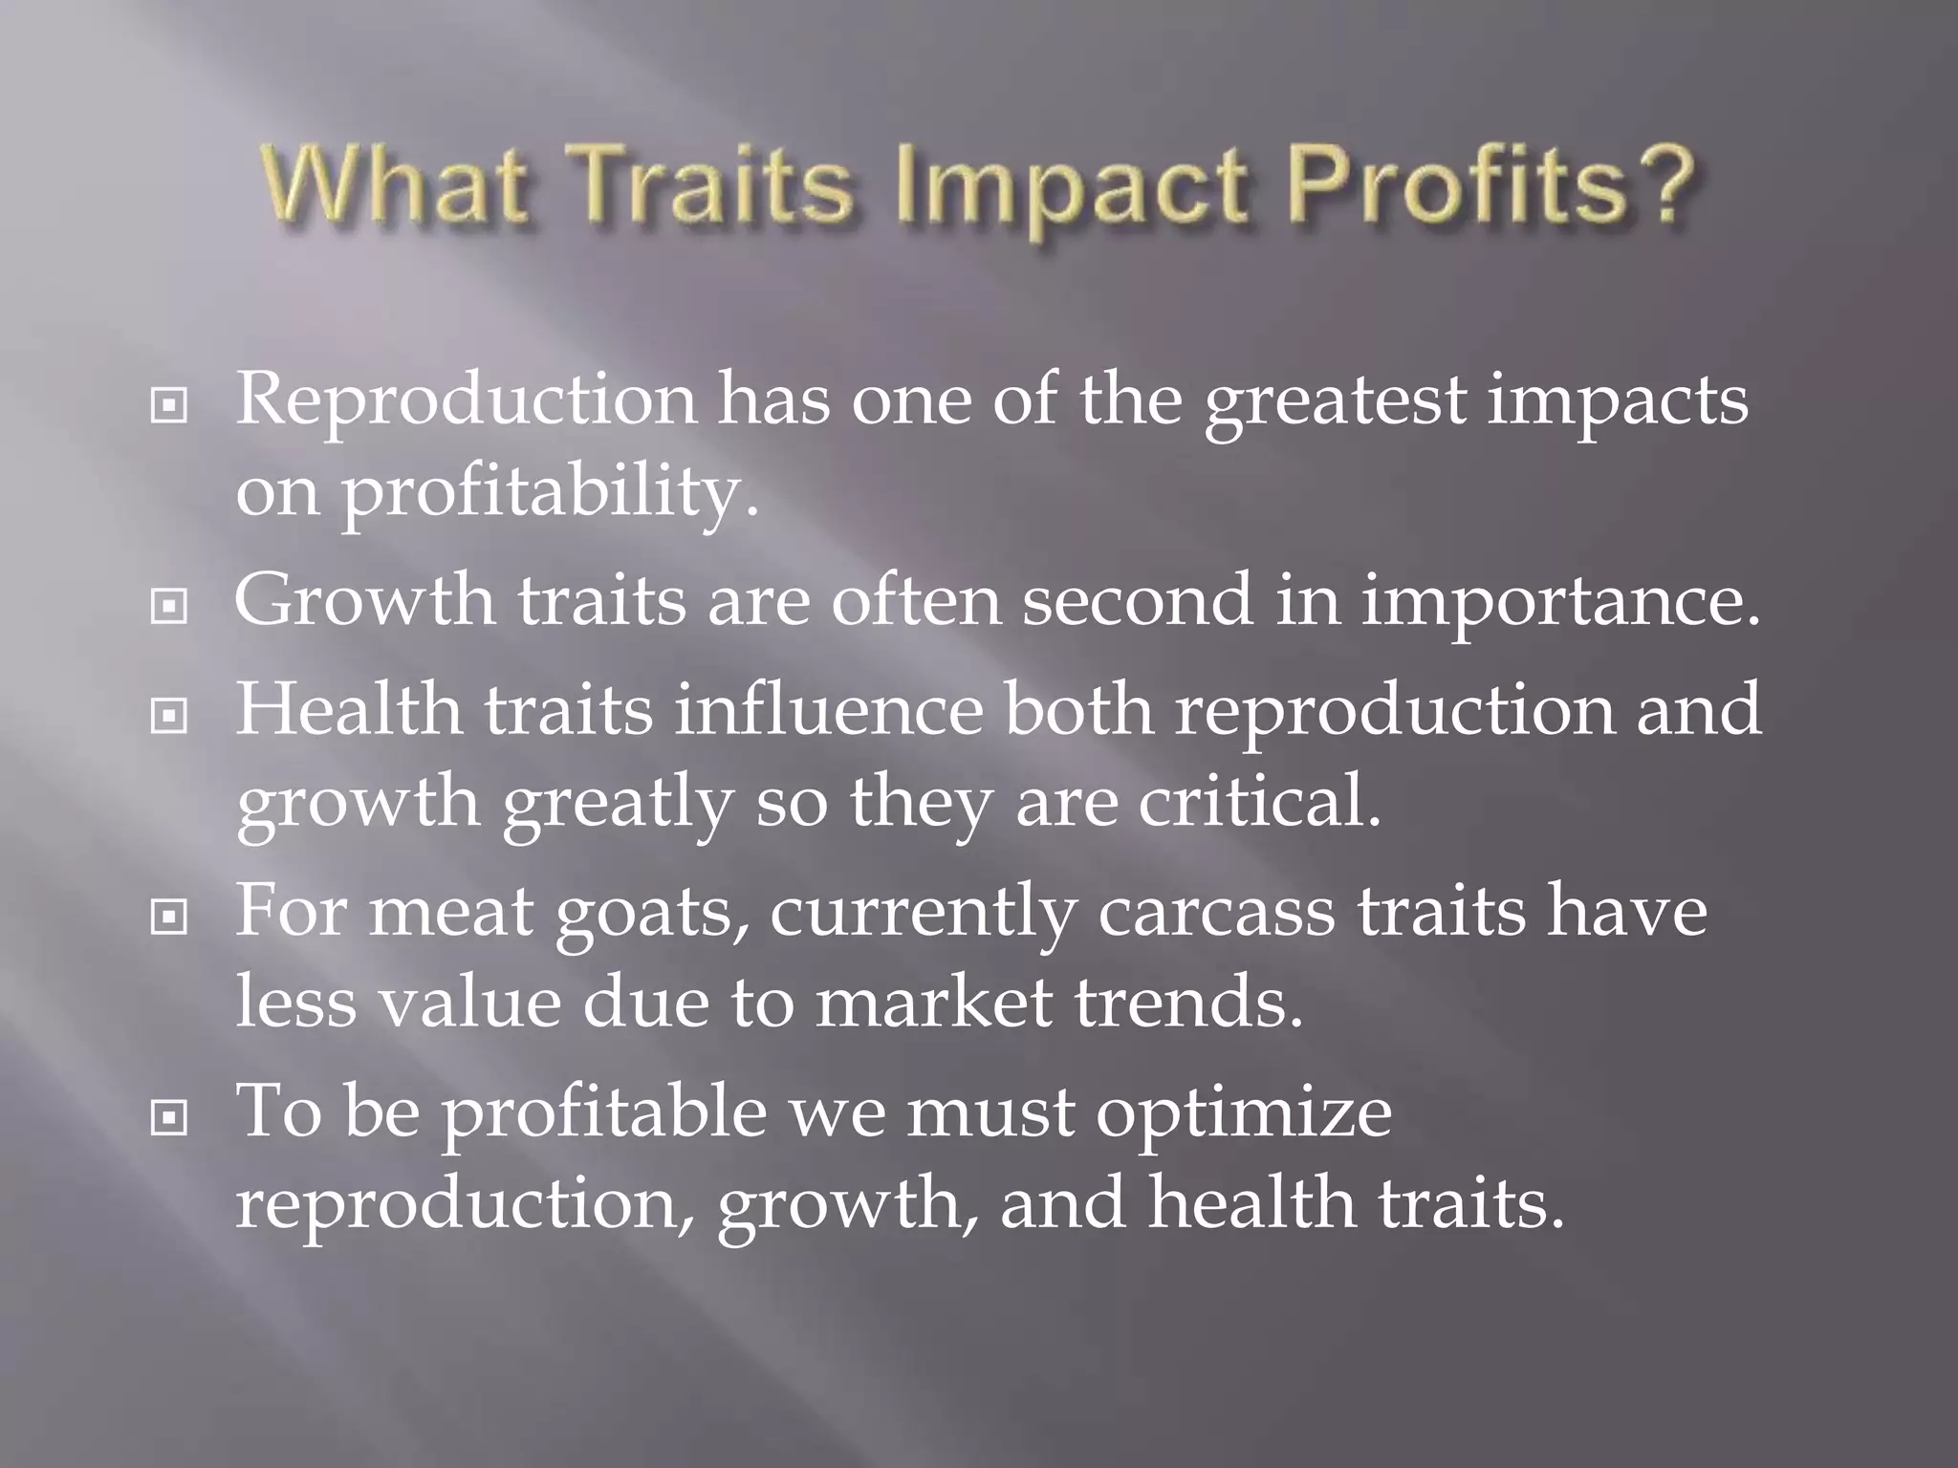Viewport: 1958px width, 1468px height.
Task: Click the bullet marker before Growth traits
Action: click(x=169, y=606)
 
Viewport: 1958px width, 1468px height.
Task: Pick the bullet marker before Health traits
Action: click(x=169, y=715)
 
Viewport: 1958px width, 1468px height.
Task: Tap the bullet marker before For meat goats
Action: click(x=169, y=917)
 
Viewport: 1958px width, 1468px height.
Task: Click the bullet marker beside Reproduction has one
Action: click(x=169, y=406)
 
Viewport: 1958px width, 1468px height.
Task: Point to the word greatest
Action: click(x=1334, y=401)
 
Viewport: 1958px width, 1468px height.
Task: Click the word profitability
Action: click(x=550, y=494)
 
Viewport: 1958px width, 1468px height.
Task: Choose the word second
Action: click(x=1137, y=601)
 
